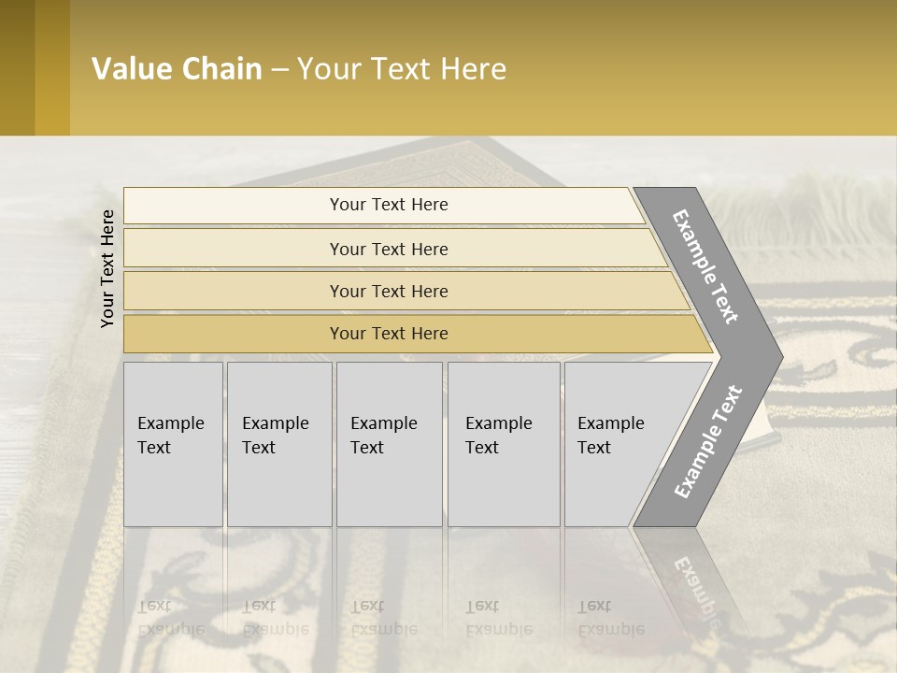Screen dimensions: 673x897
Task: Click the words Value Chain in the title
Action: click(177, 68)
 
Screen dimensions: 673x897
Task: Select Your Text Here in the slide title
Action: click(402, 68)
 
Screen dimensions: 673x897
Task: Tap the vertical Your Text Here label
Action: click(107, 268)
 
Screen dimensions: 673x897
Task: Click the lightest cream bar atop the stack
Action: click(389, 205)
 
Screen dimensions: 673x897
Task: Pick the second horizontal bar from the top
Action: click(389, 249)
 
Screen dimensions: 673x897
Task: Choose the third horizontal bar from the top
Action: click(389, 291)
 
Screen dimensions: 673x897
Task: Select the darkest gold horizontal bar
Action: click(389, 334)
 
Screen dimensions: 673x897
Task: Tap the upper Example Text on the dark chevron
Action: click(706, 266)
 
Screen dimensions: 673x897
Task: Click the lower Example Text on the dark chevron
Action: click(707, 441)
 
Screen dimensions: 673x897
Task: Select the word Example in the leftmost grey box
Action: click(170, 423)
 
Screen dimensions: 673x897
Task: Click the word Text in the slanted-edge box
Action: click(593, 448)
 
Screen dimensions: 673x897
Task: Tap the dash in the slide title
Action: click(279, 69)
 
